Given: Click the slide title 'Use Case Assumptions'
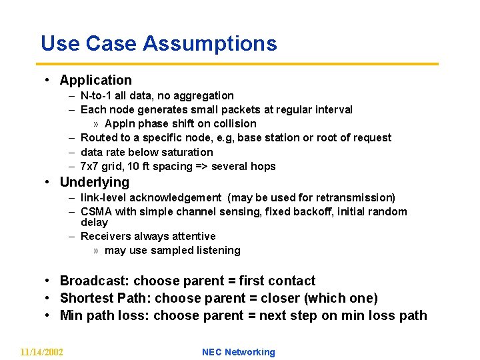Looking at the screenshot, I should coord(159,43).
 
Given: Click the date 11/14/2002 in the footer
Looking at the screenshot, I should coord(42,352).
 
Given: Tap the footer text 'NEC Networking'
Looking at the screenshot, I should coord(238,352).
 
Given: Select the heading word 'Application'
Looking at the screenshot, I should coord(96,80).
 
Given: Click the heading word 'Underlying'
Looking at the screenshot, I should coord(95,182).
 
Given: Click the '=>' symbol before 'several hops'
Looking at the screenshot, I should coord(184,166).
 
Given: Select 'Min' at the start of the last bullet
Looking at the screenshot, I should coord(71,315).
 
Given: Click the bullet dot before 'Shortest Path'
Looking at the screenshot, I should coord(49,298).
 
